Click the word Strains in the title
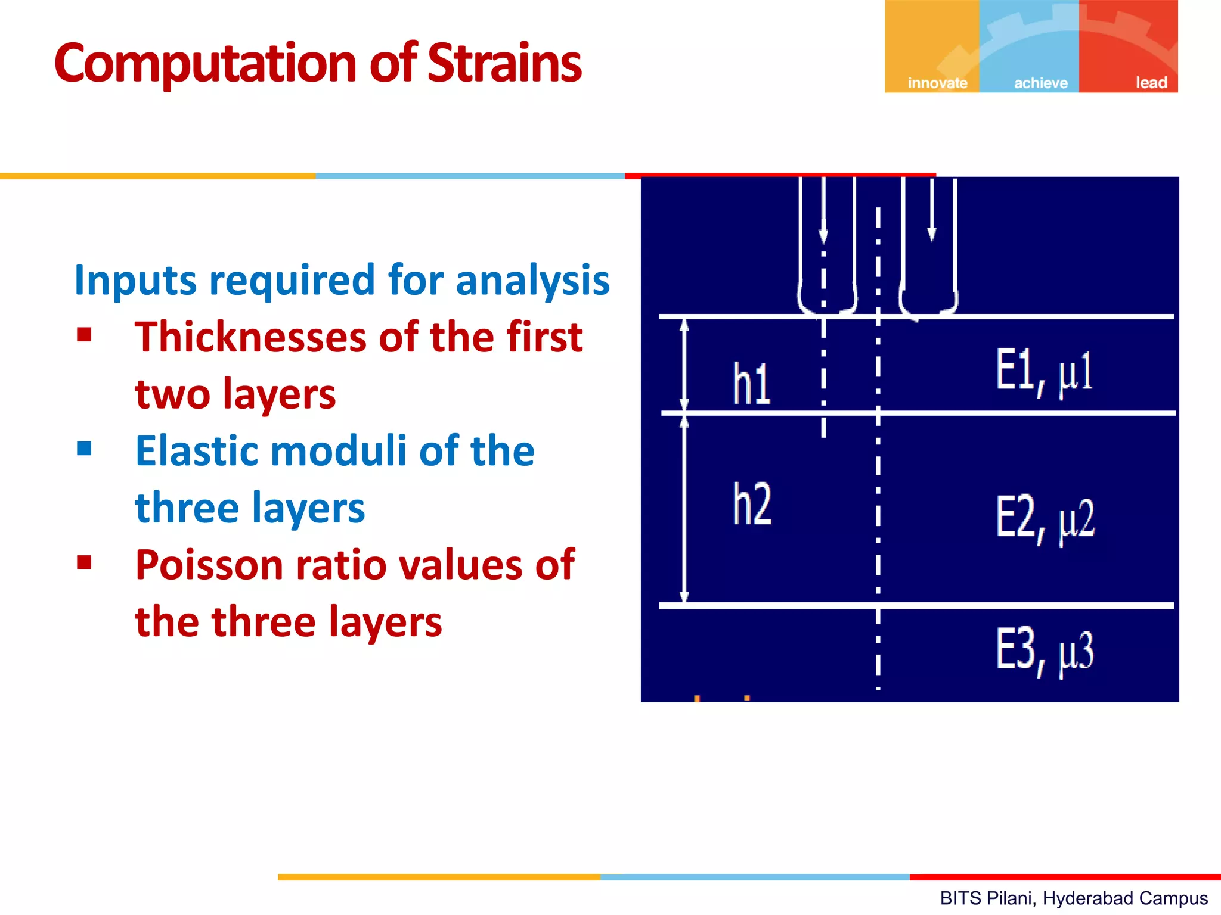(504, 63)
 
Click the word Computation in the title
(205, 64)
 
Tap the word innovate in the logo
(937, 83)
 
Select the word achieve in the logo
(1041, 83)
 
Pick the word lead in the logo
(1151, 82)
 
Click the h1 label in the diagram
(751, 384)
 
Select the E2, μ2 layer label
(1045, 519)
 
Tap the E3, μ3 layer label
(1045, 651)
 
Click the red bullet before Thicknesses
(84, 335)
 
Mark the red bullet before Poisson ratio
(84, 562)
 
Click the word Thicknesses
(251, 337)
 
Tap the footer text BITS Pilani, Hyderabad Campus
(1073, 898)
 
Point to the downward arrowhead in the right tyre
(931, 234)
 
